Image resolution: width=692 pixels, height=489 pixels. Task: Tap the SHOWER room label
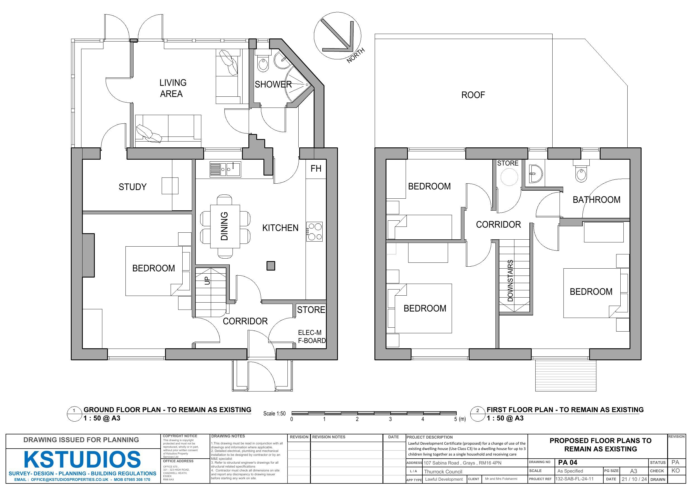(x=273, y=84)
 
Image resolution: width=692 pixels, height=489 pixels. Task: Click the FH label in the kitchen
(x=316, y=168)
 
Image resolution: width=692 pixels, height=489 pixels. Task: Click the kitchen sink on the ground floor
(x=226, y=169)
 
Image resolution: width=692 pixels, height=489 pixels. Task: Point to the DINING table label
(x=224, y=226)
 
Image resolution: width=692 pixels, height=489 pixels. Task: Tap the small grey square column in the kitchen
(x=271, y=266)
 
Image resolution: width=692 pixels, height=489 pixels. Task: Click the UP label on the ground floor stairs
(x=207, y=281)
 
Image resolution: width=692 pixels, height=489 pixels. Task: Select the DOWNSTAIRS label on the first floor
(x=510, y=281)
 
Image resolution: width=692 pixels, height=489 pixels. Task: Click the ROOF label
(x=473, y=95)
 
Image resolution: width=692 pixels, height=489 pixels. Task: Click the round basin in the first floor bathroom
(x=536, y=174)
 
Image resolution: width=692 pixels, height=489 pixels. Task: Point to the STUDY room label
(x=133, y=187)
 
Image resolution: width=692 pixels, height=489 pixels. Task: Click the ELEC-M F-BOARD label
(x=312, y=337)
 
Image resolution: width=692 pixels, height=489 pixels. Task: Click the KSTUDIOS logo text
(x=82, y=459)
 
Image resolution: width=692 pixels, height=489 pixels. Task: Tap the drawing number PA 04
(x=568, y=463)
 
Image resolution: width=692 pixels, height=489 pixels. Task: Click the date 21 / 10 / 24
(x=634, y=479)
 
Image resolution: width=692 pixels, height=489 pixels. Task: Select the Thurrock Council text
(x=443, y=472)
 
